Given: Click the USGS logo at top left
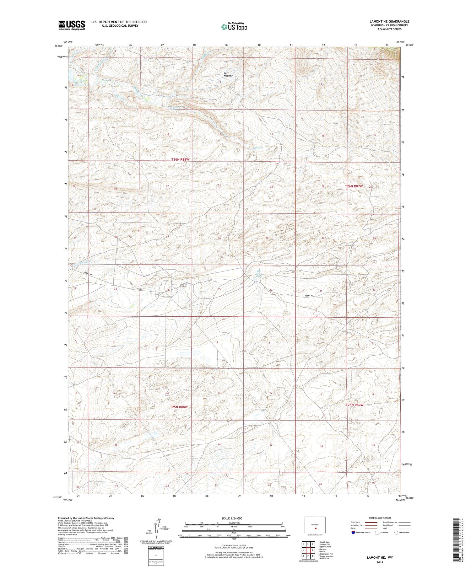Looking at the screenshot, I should [72, 25].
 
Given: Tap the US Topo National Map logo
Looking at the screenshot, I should [234, 27].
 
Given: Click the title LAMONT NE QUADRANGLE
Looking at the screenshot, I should [389, 21].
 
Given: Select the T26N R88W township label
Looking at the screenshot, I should [181, 159].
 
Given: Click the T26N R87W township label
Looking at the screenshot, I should [354, 186].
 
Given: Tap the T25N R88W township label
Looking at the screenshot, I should [179, 407].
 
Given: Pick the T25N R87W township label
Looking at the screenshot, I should [354, 405].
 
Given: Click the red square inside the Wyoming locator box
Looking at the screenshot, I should [316, 528].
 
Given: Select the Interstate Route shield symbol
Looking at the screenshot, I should [354, 533].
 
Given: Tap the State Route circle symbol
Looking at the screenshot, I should [396, 532].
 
